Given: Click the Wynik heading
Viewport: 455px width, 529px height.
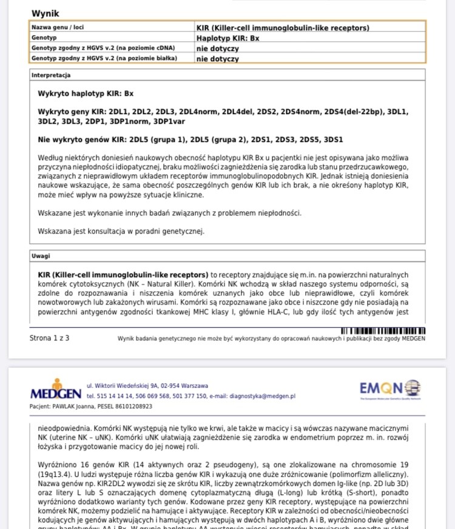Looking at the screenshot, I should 45,13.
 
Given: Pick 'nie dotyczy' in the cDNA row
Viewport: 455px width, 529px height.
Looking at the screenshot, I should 217,48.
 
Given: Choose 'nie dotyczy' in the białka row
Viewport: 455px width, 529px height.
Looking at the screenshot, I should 217,58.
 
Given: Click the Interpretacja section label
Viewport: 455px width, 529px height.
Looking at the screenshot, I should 52,75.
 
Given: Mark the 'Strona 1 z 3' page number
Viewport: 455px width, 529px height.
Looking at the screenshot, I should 49,338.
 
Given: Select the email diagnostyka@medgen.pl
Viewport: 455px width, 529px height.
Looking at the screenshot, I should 262,396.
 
